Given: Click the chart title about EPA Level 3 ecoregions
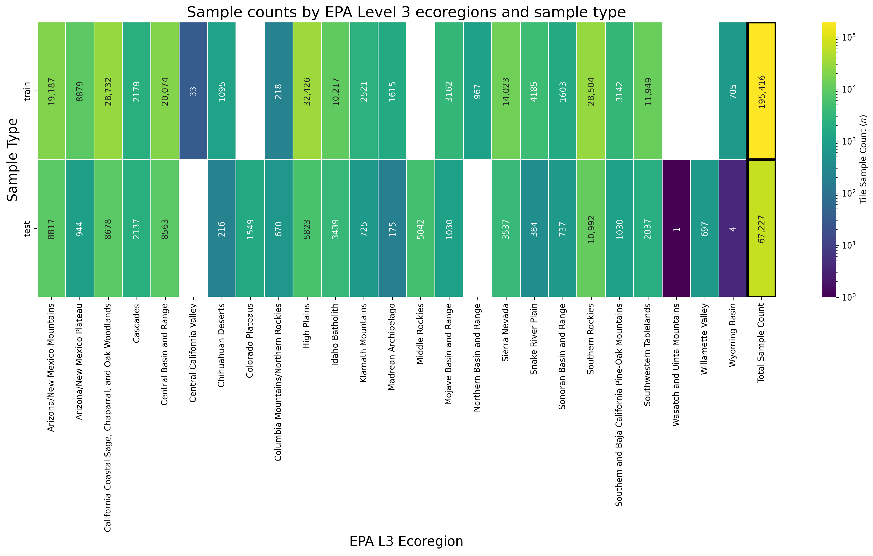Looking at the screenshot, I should [406, 12].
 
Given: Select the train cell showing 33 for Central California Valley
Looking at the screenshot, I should [193, 91].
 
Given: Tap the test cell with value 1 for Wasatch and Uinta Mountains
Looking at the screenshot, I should [676, 228].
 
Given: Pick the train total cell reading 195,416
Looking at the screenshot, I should [761, 91].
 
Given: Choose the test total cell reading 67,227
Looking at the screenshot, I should [761, 228].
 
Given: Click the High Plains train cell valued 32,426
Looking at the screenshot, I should [307, 91].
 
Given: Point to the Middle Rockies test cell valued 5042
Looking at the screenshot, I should [421, 228].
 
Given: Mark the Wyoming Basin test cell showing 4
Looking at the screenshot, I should [733, 228].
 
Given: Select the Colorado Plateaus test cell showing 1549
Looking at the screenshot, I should [250, 228].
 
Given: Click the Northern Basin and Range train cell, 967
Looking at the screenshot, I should [477, 91].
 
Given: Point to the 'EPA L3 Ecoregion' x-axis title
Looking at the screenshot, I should [406, 541].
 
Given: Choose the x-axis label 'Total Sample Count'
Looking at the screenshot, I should [761, 342].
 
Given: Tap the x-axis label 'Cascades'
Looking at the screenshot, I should [136, 323].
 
